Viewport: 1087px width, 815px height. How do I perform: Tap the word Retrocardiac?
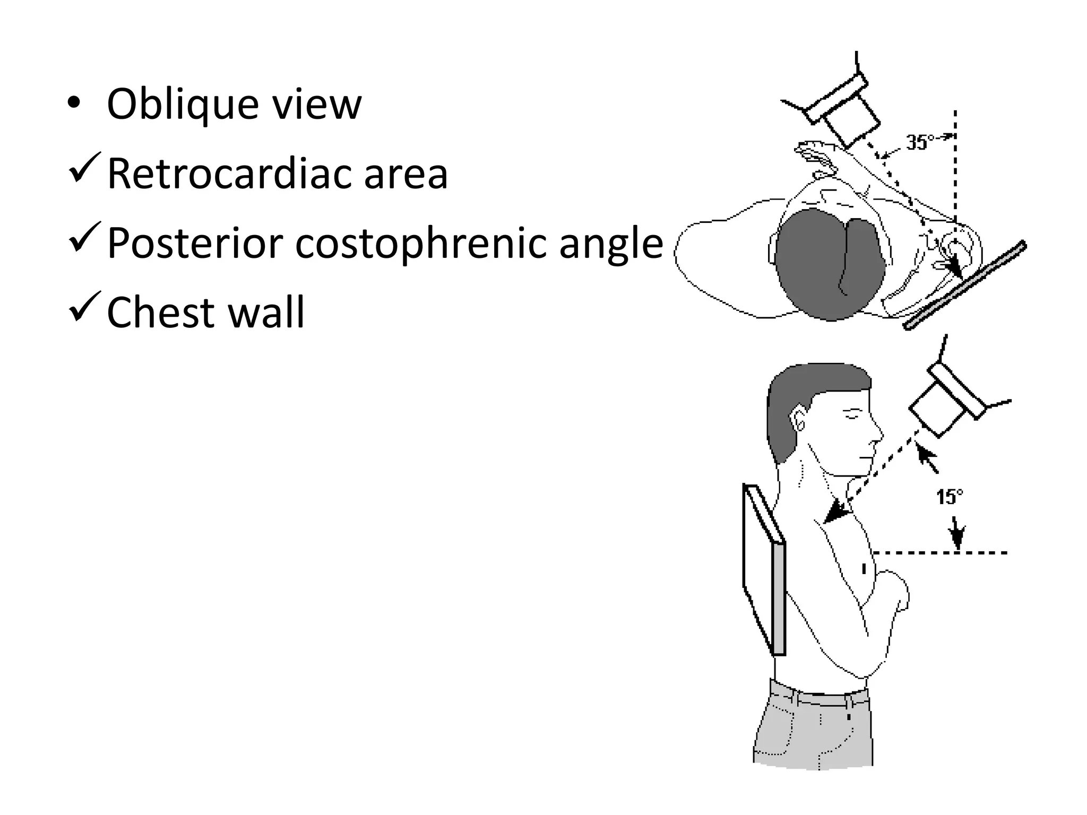[x=230, y=174]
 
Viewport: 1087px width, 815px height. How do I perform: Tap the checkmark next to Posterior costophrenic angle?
[x=83, y=239]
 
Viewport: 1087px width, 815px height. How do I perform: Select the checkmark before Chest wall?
[x=83, y=308]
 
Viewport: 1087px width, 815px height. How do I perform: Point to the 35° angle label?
[x=920, y=142]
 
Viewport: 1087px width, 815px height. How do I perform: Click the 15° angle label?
[x=948, y=497]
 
